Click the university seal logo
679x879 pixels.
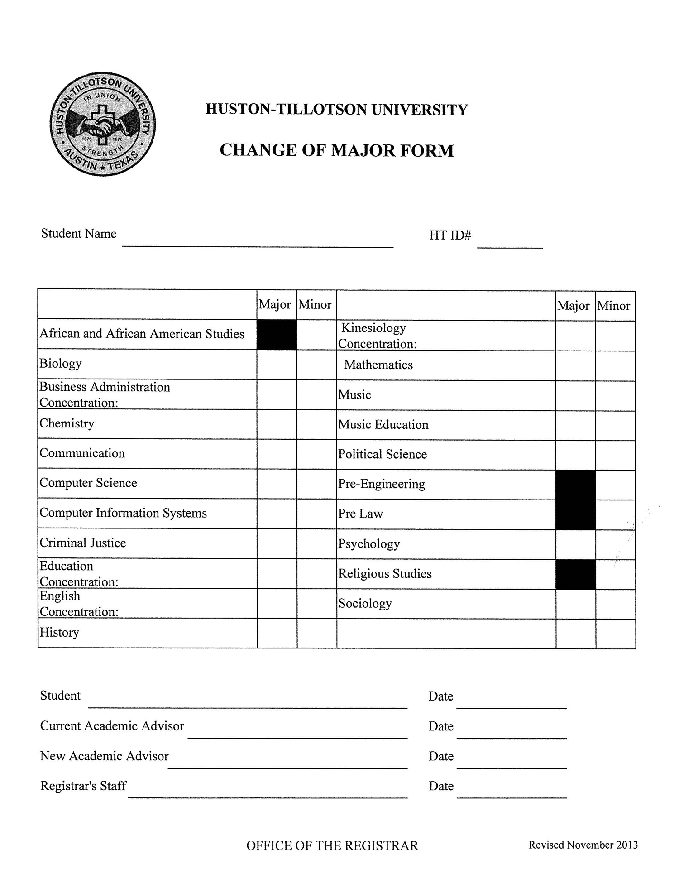(103, 124)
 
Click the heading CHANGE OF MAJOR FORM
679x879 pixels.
(336, 151)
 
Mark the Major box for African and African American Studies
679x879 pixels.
(277, 335)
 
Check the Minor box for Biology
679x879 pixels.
(316, 365)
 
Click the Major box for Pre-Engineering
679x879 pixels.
(575, 485)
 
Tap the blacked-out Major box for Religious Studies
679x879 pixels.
(575, 574)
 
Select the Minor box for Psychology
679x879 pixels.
(615, 544)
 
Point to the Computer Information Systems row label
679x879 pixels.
(123, 513)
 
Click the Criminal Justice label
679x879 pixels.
(83, 543)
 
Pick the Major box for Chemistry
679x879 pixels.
(277, 424)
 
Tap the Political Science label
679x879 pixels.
(383, 454)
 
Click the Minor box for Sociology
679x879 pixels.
(615, 604)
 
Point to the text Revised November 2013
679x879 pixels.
(583, 845)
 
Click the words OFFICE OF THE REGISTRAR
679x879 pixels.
(332, 845)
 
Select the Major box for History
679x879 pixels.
(277, 633)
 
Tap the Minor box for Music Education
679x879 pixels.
(615, 425)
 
